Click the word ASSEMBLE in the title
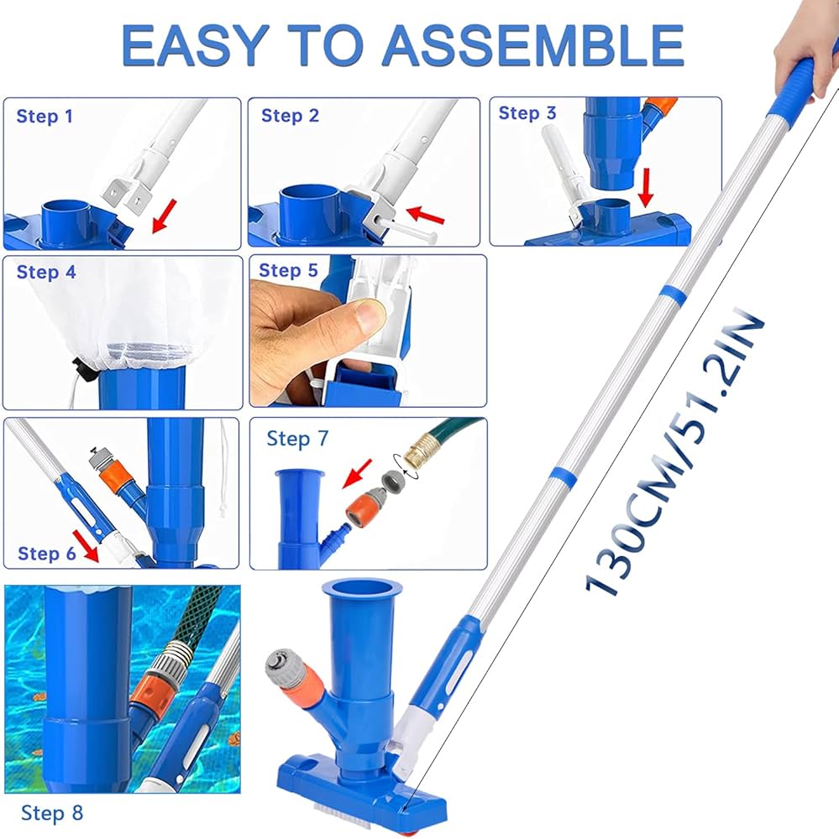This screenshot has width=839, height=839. (532, 45)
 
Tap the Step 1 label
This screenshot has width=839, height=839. (45, 116)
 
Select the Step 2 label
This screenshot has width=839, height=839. (290, 116)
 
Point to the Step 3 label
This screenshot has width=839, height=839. (527, 113)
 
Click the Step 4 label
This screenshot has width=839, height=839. (46, 272)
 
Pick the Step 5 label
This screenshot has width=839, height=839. (288, 270)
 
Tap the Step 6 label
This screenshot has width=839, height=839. (47, 553)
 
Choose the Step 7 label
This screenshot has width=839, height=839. (297, 439)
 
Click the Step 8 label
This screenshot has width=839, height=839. (52, 813)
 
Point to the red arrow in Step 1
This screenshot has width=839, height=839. (165, 216)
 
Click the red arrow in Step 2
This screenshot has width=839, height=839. (426, 215)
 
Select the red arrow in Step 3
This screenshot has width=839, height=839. (646, 187)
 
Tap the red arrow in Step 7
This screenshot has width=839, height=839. (357, 473)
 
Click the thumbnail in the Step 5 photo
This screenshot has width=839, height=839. (370, 315)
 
